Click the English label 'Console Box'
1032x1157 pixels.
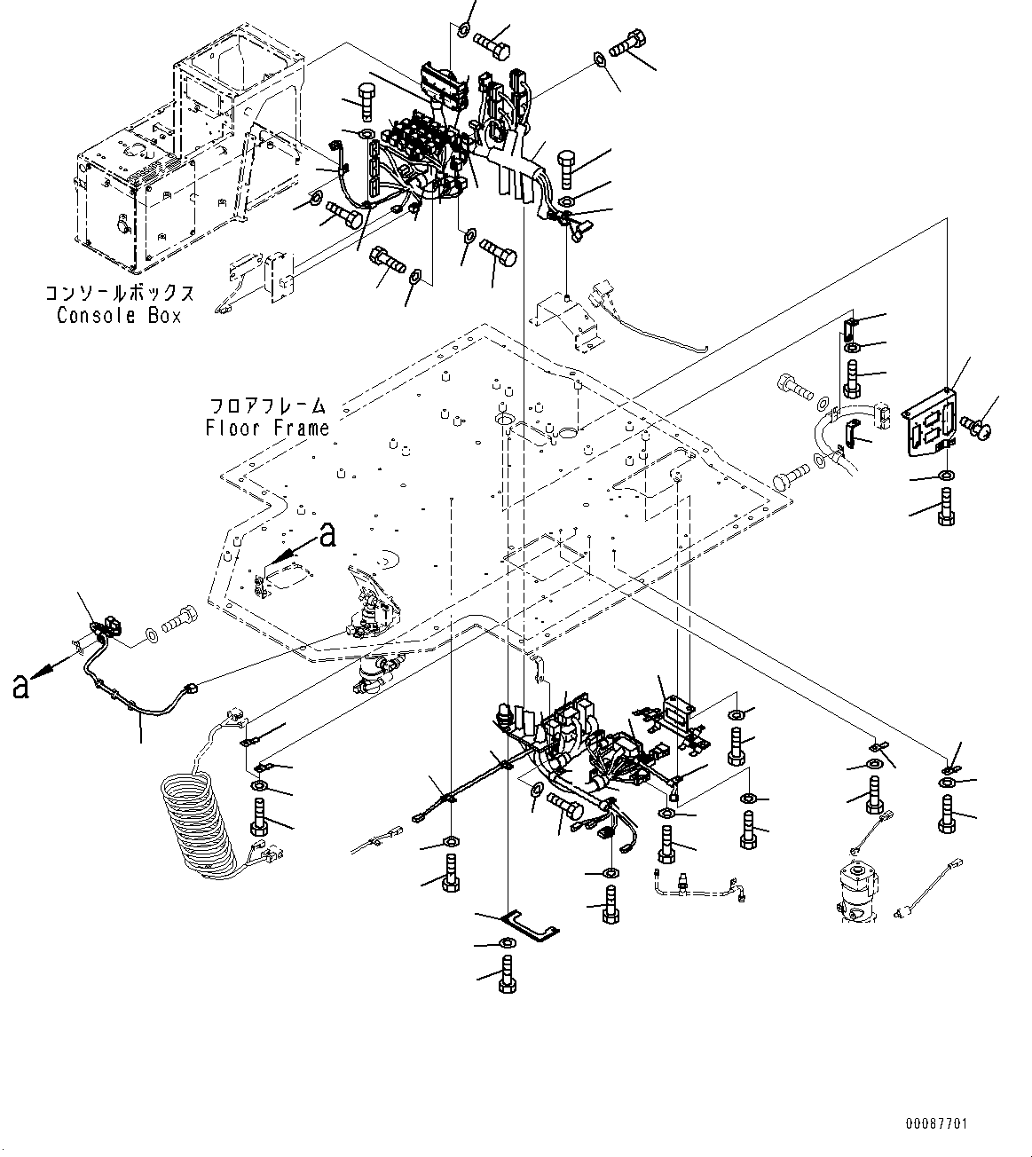pos(118,316)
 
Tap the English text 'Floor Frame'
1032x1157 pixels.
pos(267,428)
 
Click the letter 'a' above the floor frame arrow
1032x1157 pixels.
pos(327,535)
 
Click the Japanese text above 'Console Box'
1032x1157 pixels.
pos(119,294)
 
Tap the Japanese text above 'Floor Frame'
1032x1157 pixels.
pos(267,406)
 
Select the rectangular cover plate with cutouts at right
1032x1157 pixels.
pos(932,426)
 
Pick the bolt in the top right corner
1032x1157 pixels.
pos(628,41)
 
